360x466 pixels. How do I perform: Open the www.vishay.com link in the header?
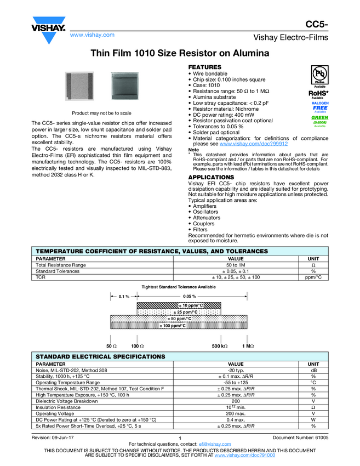click(x=92, y=35)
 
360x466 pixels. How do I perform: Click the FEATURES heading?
click(x=205, y=67)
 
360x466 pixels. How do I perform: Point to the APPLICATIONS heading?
click(x=211, y=178)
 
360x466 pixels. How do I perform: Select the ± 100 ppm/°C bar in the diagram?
click(x=173, y=326)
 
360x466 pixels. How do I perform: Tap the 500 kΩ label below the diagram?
click(x=220, y=346)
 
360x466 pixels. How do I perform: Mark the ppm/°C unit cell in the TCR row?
click(x=313, y=277)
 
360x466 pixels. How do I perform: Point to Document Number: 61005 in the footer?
click(x=300, y=437)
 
